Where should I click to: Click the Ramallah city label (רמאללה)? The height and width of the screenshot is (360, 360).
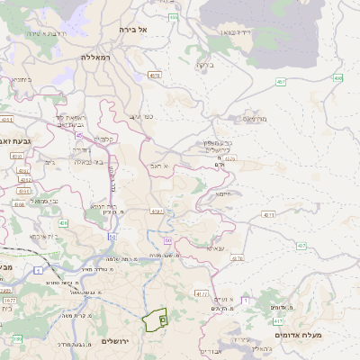click(x=94, y=57)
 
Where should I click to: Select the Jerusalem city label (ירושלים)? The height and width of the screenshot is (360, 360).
click(x=116, y=340)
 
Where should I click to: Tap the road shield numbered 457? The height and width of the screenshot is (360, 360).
click(x=282, y=82)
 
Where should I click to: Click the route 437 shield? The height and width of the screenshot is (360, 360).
click(x=301, y=245)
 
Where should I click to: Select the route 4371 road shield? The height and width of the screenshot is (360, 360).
click(x=268, y=215)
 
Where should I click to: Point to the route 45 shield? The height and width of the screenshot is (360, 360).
click(x=79, y=136)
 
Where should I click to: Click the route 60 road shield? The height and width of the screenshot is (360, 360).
click(x=167, y=241)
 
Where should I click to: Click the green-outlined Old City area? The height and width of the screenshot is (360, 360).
click(x=155, y=319)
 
